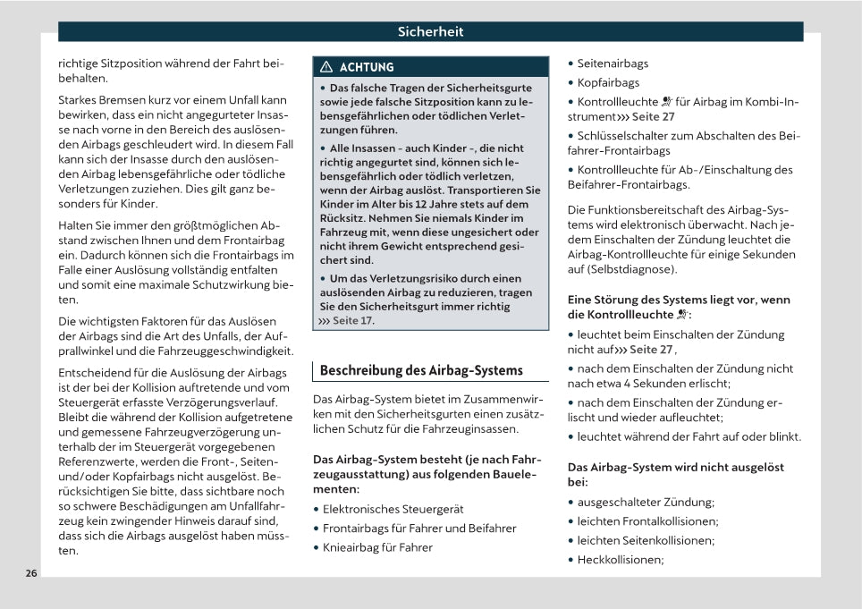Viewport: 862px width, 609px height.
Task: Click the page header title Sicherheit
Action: (431, 32)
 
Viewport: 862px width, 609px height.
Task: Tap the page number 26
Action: (31, 573)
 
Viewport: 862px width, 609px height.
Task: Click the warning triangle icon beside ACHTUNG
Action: (326, 67)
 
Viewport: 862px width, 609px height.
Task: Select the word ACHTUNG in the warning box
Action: (367, 67)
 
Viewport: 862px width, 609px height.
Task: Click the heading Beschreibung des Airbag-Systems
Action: (421, 370)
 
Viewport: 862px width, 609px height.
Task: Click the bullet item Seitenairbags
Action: (613, 63)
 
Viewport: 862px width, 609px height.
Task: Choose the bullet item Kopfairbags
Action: (608, 83)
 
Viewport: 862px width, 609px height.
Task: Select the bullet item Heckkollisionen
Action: (620, 560)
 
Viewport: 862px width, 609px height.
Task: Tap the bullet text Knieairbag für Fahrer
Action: (377, 547)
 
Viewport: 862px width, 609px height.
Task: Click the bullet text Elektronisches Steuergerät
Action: (393, 509)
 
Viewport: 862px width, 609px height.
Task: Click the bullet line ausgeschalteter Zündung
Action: (646, 502)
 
